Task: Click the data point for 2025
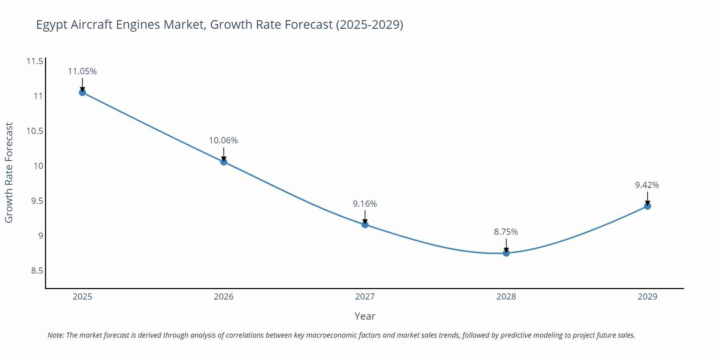(82, 93)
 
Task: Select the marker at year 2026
(224, 162)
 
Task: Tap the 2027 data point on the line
(365, 225)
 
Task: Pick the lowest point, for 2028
(506, 253)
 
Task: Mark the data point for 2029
(647, 206)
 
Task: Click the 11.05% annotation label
(82, 71)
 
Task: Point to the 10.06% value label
(224, 140)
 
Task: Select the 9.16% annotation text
(365, 204)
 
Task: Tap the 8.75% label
(506, 232)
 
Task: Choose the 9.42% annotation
(647, 185)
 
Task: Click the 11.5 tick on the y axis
(35, 61)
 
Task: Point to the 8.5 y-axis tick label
(37, 271)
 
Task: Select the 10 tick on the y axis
(39, 166)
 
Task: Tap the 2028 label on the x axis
(506, 297)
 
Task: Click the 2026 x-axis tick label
(224, 297)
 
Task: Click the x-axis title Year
(365, 316)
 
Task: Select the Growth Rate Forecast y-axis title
(9, 172)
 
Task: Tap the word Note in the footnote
(55, 335)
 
